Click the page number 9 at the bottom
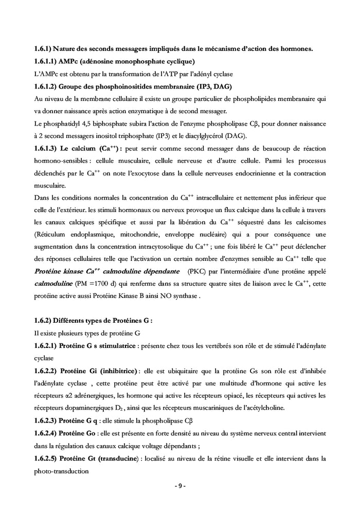coord(179,486)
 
